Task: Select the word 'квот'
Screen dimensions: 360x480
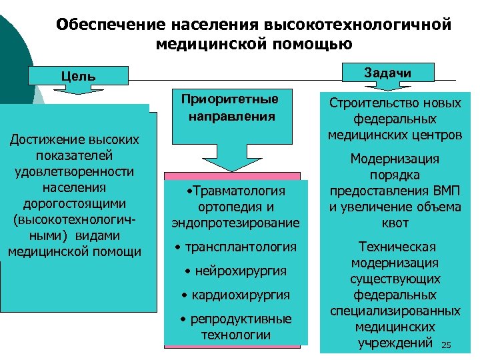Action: tap(395, 223)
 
